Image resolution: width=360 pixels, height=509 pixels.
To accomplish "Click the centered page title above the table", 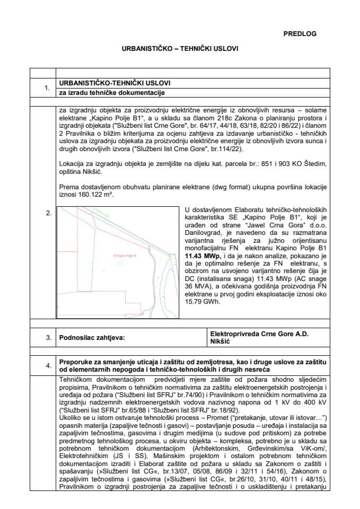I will click(x=180, y=48).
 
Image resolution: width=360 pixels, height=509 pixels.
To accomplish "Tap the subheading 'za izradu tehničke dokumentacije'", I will click(x=112, y=93).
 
